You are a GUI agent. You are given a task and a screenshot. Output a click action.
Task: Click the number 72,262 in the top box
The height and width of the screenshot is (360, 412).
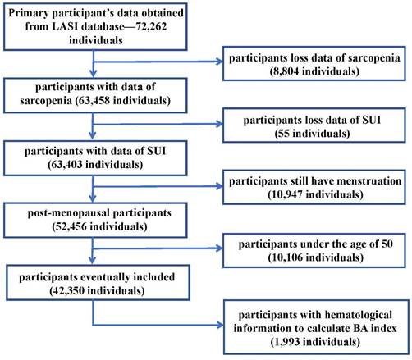pos(151,27)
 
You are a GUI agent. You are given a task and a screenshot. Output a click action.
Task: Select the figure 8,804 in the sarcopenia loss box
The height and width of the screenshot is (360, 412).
pos(286,71)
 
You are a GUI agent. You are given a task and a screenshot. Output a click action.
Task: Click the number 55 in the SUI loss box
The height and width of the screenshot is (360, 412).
pos(284,134)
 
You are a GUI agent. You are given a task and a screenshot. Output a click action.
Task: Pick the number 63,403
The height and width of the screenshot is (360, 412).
pos(66,165)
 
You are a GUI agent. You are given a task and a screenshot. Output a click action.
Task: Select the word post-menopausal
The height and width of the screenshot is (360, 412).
pos(65,213)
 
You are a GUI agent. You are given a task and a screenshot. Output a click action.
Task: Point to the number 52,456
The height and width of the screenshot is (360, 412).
pos(71,226)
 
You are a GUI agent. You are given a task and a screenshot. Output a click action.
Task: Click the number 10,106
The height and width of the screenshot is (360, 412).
pos(287,257)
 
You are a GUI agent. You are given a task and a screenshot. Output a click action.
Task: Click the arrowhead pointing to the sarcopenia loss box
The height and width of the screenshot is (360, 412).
pos(220,62)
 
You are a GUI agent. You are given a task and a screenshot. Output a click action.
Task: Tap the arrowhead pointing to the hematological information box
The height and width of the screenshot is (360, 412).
pos(220,325)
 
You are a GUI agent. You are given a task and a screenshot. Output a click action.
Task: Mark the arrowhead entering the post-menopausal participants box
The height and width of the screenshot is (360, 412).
pos(93,199)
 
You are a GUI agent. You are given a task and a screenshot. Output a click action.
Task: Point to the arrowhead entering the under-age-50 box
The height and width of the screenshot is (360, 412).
pos(220,248)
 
